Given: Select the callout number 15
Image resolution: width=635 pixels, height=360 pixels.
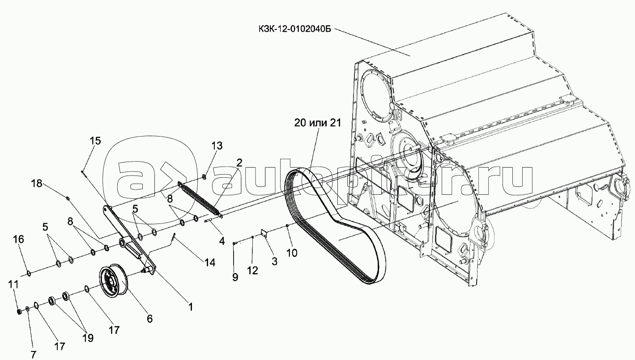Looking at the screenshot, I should (95, 141).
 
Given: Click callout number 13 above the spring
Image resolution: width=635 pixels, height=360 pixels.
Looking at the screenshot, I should (217, 146).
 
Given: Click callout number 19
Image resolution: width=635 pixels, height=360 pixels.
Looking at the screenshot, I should (88, 338).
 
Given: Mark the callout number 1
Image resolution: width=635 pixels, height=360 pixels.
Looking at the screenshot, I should (190, 307).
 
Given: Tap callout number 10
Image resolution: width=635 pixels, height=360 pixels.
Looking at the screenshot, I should (291, 253).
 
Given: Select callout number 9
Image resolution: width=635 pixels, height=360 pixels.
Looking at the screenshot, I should (235, 277).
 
